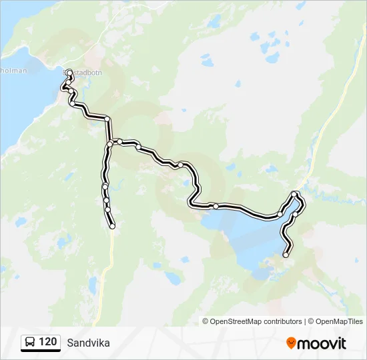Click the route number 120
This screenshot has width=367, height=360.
pos(47,342)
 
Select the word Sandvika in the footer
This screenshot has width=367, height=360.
pos(88,343)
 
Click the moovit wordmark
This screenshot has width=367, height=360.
pos(322,343)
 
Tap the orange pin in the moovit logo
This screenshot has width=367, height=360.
pos(291,343)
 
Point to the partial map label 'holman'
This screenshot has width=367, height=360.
pos(13,71)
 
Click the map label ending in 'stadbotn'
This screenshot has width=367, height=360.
pos(85,73)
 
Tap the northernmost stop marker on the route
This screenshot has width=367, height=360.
pos(69,71)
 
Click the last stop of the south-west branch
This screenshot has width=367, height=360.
pos(112,227)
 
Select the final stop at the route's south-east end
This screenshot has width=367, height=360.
pos(286,255)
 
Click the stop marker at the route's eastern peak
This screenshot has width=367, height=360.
pos(295,194)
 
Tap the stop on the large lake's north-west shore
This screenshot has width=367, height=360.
pos(216,206)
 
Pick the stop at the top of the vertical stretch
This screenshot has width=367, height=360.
pos(107,119)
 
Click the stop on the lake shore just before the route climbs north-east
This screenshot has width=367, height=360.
pos(279,215)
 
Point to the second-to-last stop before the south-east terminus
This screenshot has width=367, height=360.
pos(294,215)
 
